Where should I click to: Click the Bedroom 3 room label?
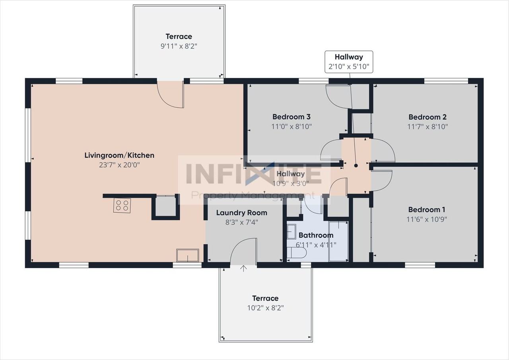coord(291,117)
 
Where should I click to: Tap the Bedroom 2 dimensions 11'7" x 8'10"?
coord(427,126)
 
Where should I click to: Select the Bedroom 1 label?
coord(427,210)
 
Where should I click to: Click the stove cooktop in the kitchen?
coord(122,205)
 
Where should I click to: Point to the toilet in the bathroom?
coord(297,253)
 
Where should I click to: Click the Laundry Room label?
coord(241,213)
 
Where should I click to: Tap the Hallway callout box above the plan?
coord(349,62)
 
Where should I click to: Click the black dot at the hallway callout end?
coord(356,166)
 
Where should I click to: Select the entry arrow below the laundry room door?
coord(244,269)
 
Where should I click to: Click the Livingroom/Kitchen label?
coord(119,156)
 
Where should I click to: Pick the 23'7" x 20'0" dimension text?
coord(119,165)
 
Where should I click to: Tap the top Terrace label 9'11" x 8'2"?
coord(179,47)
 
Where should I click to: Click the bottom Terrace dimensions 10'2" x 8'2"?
coord(265,308)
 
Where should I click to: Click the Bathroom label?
coord(316,235)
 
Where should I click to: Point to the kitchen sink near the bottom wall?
coord(188,255)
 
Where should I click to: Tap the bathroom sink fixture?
coord(291,232)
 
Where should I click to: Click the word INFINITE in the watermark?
coord(254,173)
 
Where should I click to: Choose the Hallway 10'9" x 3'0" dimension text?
coord(290,183)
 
